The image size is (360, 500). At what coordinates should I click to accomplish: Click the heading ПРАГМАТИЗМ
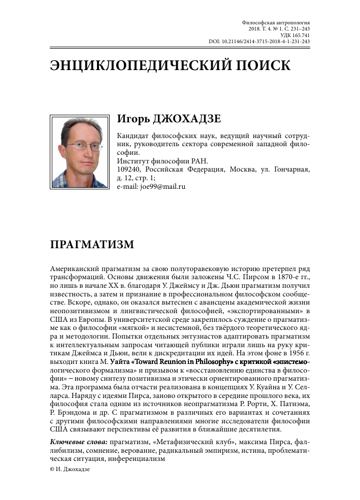click(92, 244)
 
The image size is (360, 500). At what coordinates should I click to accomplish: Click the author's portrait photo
click(80, 151)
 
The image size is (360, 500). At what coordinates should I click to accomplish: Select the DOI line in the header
click(259, 42)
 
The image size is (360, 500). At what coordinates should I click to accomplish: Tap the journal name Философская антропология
click(276, 23)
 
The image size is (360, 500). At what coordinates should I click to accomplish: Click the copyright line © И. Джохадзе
click(70, 470)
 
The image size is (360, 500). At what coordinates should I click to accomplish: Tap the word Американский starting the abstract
click(77, 268)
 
